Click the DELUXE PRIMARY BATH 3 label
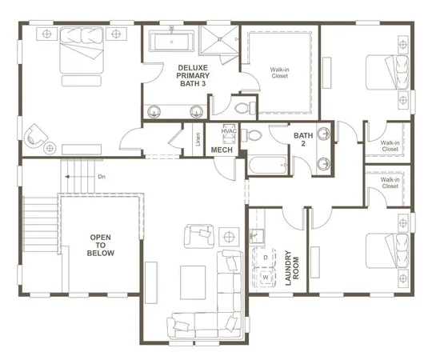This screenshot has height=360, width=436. (x=192, y=76)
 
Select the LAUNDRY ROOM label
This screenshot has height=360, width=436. (x=292, y=259)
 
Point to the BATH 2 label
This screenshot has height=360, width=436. (x=303, y=140)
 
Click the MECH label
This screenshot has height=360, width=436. (x=222, y=150)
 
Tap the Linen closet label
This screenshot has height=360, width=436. (x=198, y=138)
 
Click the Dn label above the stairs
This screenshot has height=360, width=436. (x=101, y=177)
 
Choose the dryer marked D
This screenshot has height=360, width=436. (x=266, y=258)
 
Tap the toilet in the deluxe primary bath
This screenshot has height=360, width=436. (x=242, y=106)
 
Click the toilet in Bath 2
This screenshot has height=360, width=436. (x=255, y=135)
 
